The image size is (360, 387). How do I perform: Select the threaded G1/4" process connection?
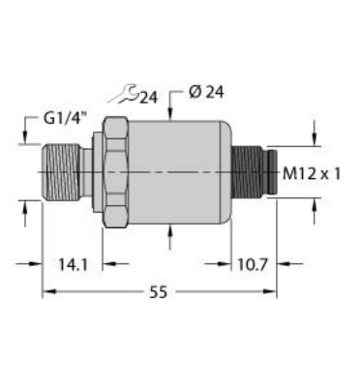pos(63,172)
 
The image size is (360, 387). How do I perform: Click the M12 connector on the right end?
pos(255,172)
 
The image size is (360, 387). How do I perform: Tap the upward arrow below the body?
pos(171,232)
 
